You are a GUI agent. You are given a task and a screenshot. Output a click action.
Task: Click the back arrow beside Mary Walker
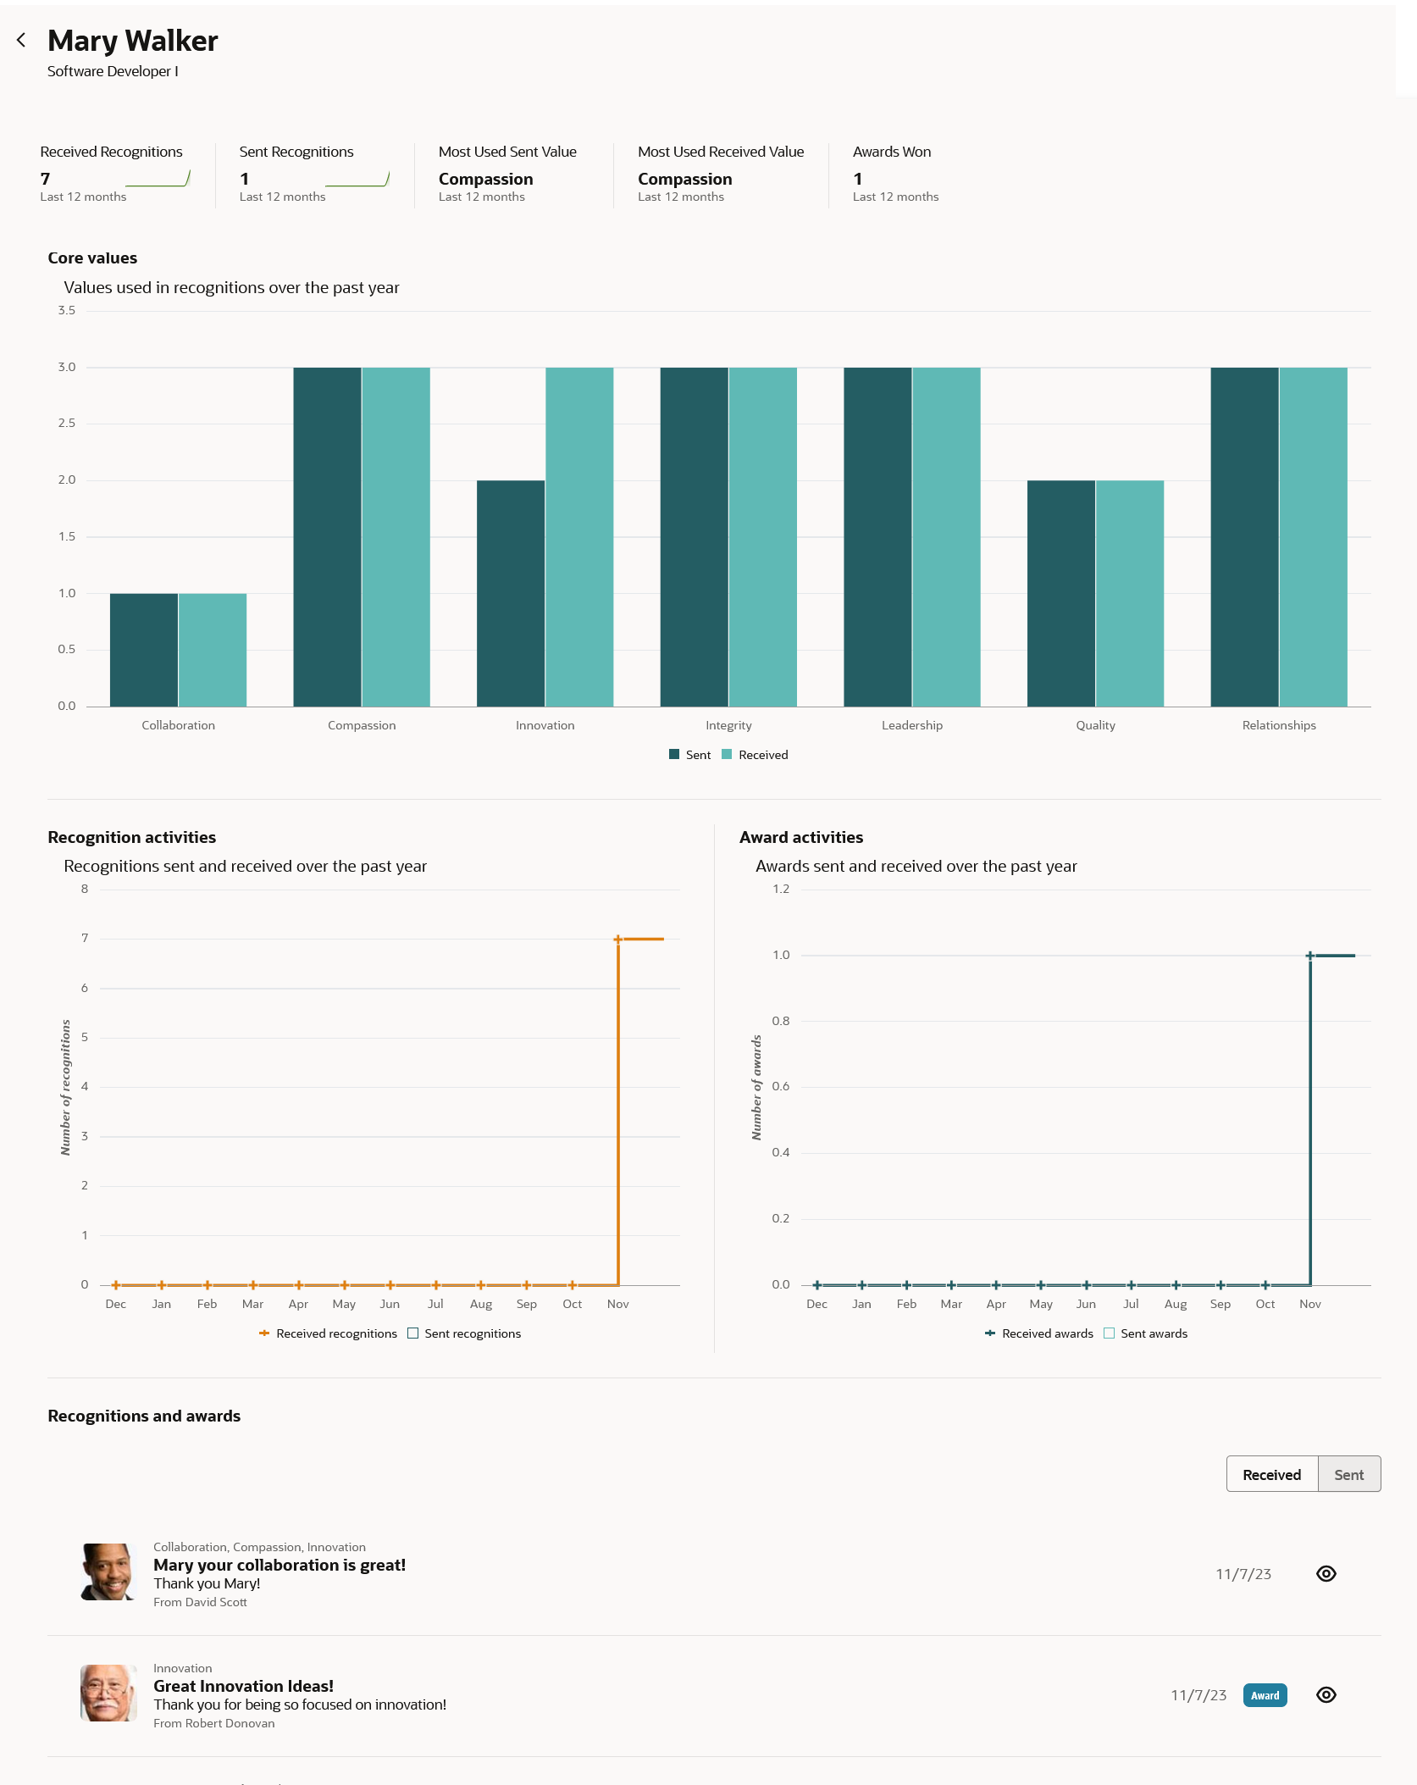point(21,40)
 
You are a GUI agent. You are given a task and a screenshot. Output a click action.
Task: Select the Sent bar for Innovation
point(510,593)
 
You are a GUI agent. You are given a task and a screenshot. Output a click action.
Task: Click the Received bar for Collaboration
point(213,650)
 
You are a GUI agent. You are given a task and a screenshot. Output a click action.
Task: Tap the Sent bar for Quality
point(1060,593)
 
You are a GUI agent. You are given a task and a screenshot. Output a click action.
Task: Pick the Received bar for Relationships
point(1313,536)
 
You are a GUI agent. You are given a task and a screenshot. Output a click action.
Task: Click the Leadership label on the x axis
point(911,725)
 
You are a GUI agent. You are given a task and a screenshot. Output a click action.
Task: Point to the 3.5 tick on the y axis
point(67,311)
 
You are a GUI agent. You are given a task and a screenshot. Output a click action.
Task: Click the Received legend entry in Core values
point(755,755)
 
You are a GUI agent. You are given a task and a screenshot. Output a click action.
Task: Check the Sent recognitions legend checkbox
point(413,1333)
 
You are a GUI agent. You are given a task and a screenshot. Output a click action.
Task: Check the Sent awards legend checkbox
point(1110,1333)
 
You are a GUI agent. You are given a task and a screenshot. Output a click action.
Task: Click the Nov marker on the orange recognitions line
point(618,939)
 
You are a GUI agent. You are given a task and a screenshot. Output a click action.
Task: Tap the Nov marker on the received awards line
point(1309,956)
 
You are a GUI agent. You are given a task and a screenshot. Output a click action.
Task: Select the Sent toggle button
point(1348,1475)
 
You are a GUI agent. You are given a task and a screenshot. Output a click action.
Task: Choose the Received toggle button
point(1271,1475)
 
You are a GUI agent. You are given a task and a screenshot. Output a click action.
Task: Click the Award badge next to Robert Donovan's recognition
point(1265,1695)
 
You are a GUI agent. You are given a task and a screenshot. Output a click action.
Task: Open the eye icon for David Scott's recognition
point(1326,1573)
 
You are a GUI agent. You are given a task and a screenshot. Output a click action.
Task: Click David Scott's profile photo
point(108,1572)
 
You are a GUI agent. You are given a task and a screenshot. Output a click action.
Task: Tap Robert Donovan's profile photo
point(108,1693)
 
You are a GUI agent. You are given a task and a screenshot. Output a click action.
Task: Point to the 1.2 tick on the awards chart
point(780,889)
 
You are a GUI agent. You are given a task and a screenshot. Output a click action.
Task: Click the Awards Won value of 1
point(857,179)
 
